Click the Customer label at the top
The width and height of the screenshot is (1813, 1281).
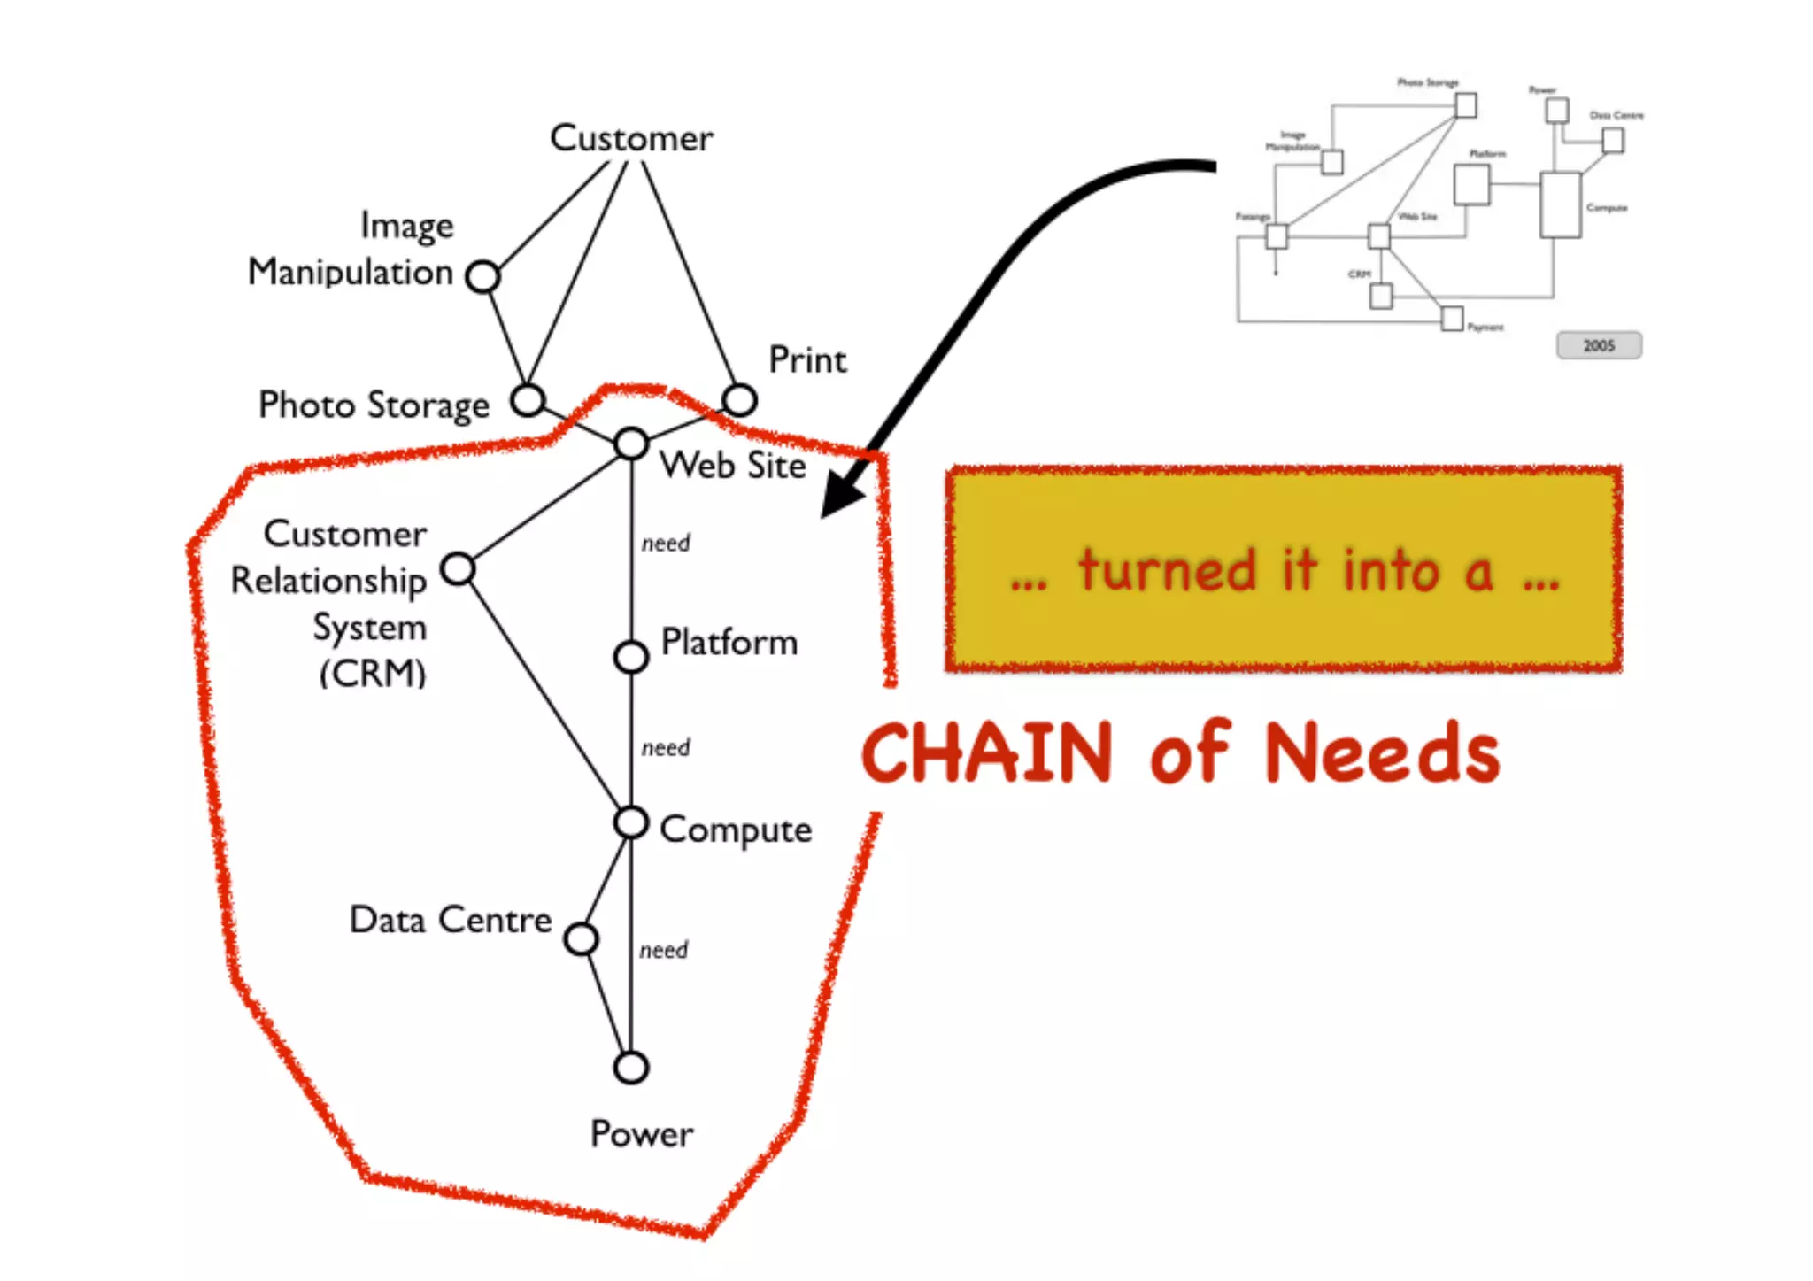[631, 138]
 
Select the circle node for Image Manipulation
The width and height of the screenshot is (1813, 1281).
[483, 276]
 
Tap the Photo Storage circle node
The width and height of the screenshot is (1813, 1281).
[528, 400]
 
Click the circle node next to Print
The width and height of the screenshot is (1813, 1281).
[739, 400]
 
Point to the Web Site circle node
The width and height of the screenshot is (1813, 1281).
[631, 444]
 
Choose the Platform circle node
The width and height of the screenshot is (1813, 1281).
[631, 657]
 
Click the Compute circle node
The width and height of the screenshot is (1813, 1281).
[631, 822]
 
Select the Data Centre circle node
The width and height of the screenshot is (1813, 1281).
[581, 939]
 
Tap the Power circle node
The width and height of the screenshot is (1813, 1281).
[631, 1068]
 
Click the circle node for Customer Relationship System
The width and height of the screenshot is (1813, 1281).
[458, 568]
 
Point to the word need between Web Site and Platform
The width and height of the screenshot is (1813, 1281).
[666, 543]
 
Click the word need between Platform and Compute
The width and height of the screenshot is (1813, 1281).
[666, 748]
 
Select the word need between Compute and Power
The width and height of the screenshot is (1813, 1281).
[664, 950]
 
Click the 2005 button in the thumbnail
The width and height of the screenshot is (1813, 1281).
[1599, 345]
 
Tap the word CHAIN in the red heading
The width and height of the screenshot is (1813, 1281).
[987, 753]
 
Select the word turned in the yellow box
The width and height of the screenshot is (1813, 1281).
[1167, 571]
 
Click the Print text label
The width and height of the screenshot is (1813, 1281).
[807, 360]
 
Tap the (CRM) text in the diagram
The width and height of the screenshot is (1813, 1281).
[373, 674]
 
